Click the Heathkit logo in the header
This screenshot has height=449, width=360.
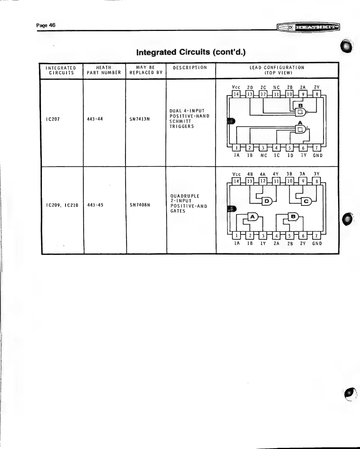[x=308, y=27]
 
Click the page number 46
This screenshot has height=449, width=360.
[x=46, y=25]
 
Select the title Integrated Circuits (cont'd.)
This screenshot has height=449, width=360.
[x=191, y=52]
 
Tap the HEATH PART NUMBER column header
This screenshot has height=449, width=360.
[x=104, y=70]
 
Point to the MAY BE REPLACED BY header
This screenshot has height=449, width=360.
[x=146, y=70]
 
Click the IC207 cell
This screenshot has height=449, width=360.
[x=53, y=119]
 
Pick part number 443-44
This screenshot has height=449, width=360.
[x=95, y=119]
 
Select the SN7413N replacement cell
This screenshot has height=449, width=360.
[x=140, y=119]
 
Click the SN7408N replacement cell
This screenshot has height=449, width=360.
[x=140, y=205]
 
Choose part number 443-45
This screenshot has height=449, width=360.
[x=95, y=205]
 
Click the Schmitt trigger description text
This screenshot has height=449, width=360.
[x=189, y=119]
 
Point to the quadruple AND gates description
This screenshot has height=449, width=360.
[x=189, y=203]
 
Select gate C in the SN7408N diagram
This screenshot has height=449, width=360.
[x=306, y=201]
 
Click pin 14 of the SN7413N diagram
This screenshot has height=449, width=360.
[x=236, y=94]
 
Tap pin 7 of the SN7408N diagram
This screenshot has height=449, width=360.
[x=316, y=236]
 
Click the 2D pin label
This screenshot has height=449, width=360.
[x=250, y=88]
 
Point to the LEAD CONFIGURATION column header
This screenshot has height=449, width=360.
[x=277, y=70]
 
